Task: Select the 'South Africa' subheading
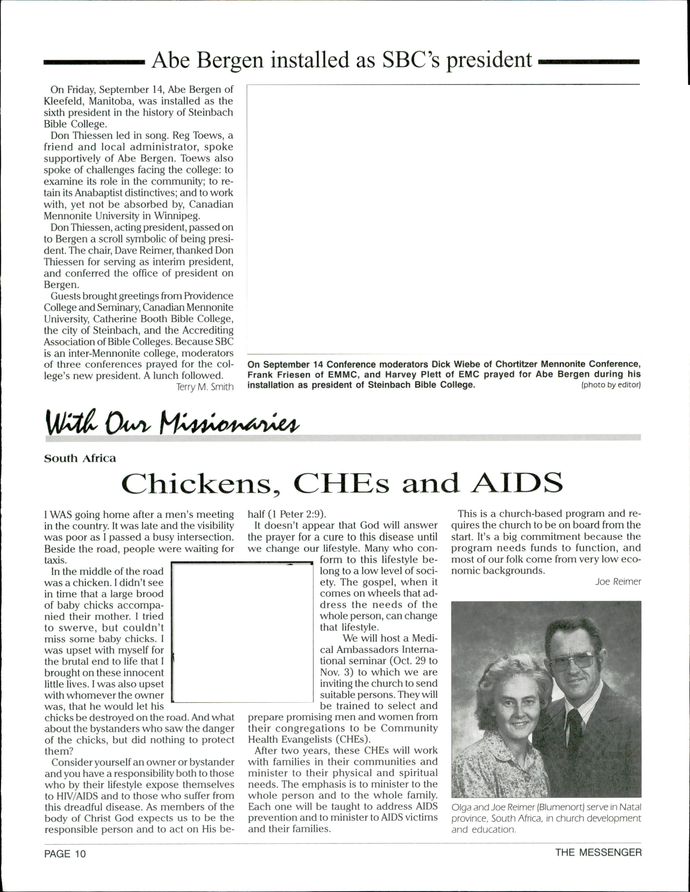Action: pos(80,458)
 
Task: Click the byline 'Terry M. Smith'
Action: pos(205,387)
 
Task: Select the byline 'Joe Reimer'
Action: pos(618,582)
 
